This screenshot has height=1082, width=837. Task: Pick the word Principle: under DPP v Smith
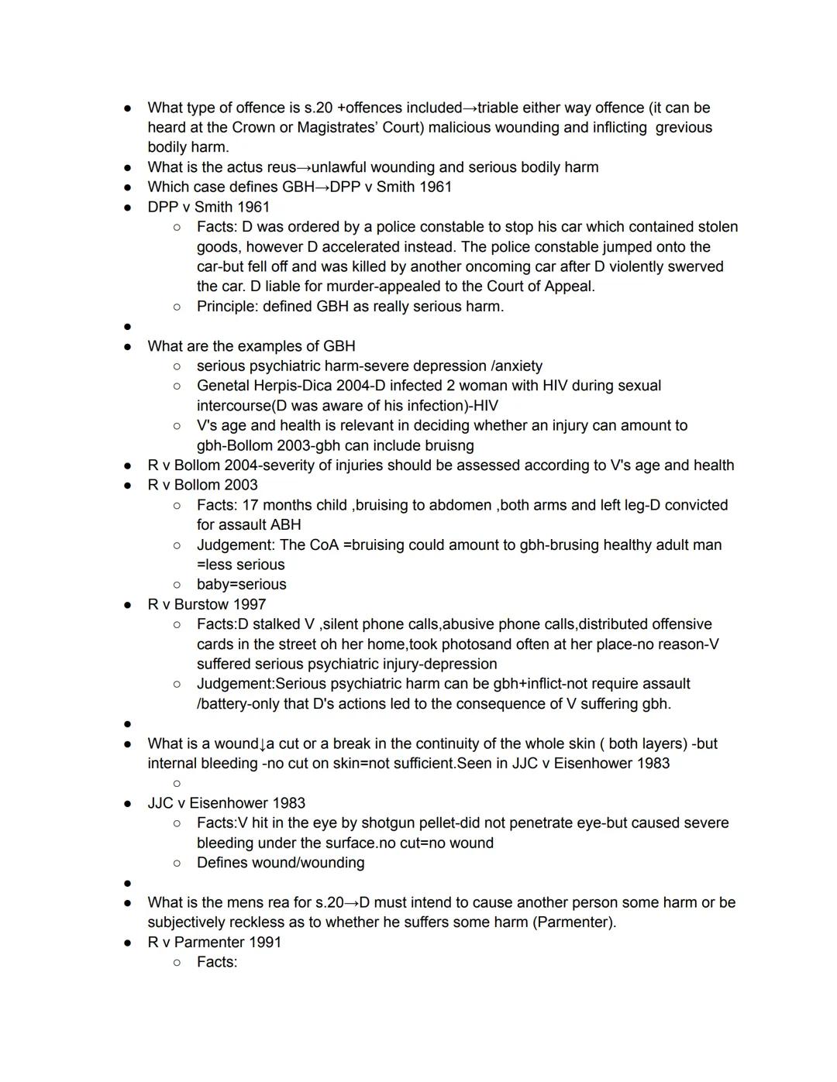pos(226,307)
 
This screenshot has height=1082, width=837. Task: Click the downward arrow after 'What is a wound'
pos(262,744)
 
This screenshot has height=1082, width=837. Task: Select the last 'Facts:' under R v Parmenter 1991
pos(217,962)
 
